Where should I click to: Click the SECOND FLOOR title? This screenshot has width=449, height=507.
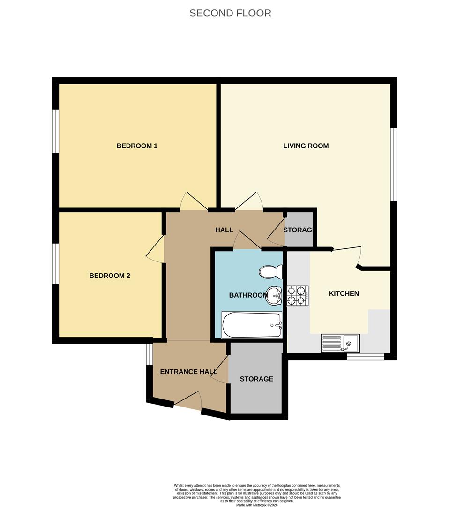click(x=230, y=13)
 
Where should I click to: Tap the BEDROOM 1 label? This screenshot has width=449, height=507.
click(x=137, y=146)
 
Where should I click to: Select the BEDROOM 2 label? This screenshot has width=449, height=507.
click(x=110, y=276)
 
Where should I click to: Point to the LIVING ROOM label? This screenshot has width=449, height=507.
click(x=306, y=146)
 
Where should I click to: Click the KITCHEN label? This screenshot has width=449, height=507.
click(x=344, y=294)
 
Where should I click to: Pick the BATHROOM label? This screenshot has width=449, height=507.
click(x=248, y=295)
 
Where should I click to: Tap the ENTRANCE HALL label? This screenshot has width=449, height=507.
click(x=188, y=372)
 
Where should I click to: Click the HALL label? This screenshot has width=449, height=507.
click(x=224, y=230)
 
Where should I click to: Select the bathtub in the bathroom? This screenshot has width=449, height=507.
click(x=252, y=325)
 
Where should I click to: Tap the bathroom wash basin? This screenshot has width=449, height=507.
click(x=274, y=295)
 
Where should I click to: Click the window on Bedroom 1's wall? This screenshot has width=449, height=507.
click(x=55, y=131)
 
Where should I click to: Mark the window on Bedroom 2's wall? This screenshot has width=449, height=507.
click(x=55, y=263)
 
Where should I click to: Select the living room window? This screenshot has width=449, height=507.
click(x=394, y=164)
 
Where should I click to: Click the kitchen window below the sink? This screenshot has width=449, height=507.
click(x=365, y=357)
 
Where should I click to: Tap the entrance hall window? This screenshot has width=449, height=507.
click(x=149, y=354)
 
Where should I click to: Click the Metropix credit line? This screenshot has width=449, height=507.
click(x=256, y=505)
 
